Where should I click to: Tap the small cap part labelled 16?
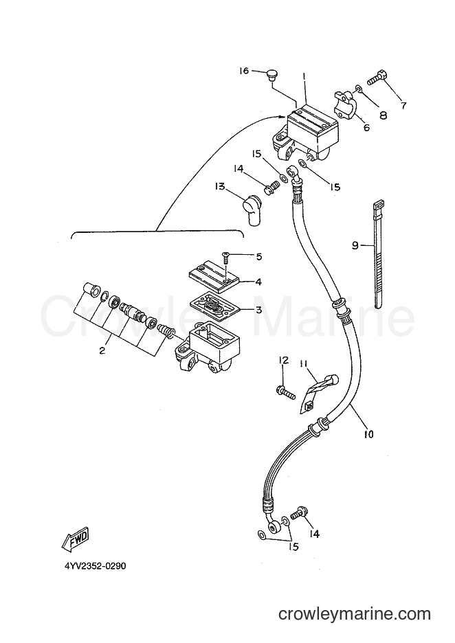point(271,75)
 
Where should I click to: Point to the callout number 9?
point(355,246)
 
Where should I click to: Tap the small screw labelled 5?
point(226,259)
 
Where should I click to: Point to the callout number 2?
point(102,350)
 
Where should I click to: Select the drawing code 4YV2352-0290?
point(94,566)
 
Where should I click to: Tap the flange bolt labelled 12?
point(286,392)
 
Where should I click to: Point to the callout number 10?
point(368,434)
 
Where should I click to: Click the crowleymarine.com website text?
point(354,614)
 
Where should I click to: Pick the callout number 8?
point(383,115)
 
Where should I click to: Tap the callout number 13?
point(221,187)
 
